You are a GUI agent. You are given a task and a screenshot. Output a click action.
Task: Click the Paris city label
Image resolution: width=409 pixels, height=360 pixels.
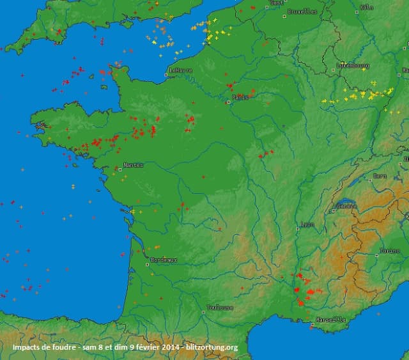(x=241, y=97)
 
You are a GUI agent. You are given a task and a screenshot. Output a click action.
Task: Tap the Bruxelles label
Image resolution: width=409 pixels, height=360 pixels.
(x=302, y=12)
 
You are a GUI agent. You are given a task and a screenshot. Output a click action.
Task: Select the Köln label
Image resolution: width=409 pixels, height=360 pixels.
(x=367, y=7)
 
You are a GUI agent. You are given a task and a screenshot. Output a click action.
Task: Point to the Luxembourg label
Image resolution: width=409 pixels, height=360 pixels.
(x=353, y=65)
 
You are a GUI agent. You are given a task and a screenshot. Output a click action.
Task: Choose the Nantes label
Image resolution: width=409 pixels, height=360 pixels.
(x=134, y=165)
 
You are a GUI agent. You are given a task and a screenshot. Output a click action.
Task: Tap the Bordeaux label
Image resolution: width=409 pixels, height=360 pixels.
(x=164, y=260)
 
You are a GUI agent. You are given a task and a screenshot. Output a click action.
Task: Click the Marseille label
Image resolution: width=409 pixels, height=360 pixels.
(x=330, y=320)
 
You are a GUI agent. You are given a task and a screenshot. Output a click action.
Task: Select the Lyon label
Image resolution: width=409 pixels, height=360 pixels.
(x=307, y=224)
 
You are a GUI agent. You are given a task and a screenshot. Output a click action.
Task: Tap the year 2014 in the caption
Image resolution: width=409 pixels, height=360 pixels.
(x=169, y=348)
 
